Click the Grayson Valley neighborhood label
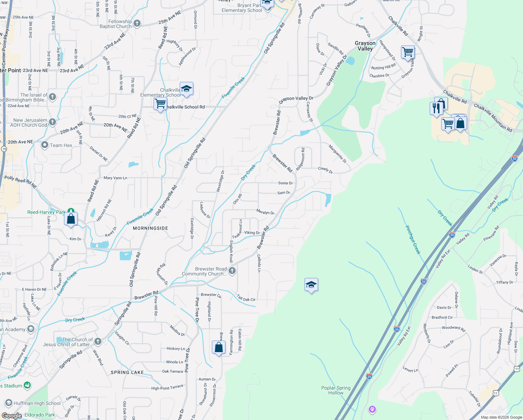365,46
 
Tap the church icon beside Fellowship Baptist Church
137,23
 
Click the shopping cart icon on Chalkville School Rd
160,104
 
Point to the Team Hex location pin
45,145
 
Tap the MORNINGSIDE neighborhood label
150,228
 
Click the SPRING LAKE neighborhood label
127,372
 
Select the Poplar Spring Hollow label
336,390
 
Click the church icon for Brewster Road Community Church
232,271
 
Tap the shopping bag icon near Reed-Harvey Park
71,219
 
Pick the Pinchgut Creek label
413,240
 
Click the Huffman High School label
37,403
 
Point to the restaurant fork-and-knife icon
436,108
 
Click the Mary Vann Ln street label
115,178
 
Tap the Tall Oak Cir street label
246,298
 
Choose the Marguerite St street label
337,154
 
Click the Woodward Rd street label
453,328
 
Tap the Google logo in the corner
12,416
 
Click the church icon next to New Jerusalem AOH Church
52,122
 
